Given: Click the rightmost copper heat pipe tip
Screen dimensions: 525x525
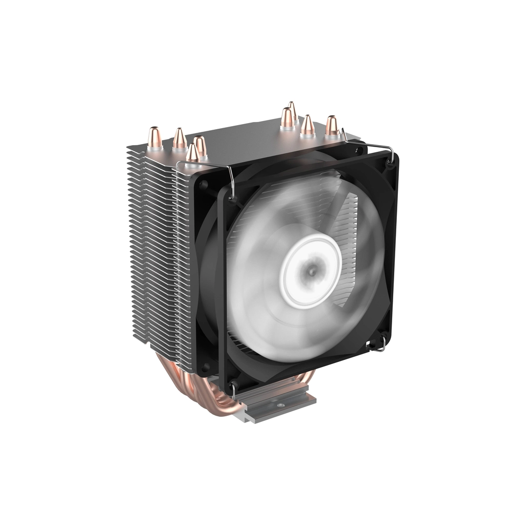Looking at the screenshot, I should (332, 125).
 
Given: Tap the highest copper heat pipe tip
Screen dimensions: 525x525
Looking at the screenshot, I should (292, 109).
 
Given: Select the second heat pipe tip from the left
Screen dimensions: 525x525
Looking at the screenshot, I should (179, 138).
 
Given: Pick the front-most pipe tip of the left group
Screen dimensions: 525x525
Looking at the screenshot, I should (192, 153).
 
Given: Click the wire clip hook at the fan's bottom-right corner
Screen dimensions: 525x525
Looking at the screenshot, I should (380, 346).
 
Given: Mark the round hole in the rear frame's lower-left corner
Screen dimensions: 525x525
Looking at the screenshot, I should (206, 367).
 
